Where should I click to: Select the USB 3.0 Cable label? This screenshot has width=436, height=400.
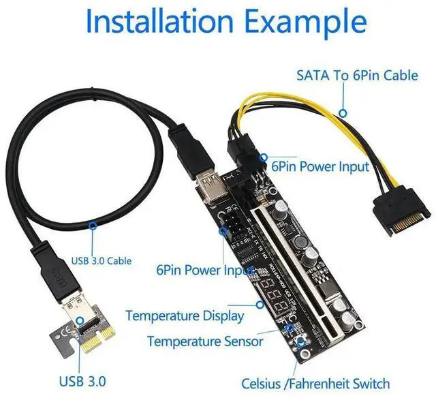102,260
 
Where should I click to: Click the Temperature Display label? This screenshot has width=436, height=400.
185,316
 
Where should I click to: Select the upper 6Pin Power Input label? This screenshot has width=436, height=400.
320,166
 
